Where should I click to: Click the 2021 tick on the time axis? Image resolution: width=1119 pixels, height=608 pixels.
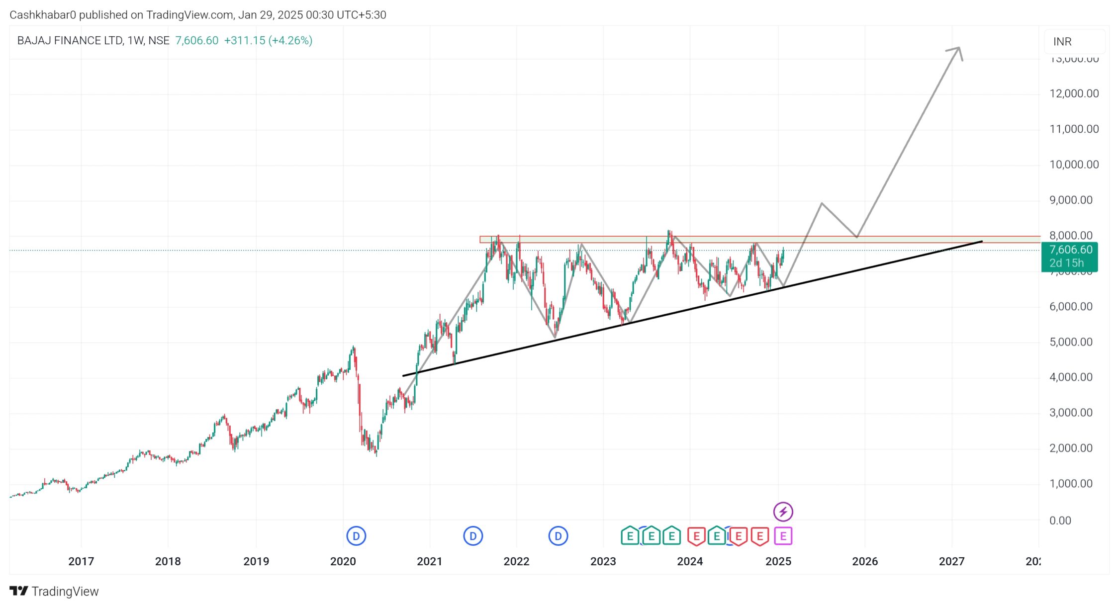coord(429,561)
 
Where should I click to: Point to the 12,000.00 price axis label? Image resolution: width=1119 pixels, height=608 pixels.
coord(1074,93)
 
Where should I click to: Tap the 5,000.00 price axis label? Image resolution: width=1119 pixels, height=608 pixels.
coord(1071,342)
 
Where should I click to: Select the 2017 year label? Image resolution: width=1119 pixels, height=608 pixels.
coord(81,561)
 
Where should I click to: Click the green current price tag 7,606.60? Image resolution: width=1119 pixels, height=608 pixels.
coord(1071,250)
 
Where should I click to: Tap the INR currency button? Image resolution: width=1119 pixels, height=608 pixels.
coord(1062,42)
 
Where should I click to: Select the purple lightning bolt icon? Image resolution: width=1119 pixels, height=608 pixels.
coord(783,511)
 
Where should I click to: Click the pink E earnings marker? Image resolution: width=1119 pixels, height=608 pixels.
coord(783,536)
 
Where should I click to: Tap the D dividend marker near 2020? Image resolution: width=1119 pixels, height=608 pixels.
coord(356,536)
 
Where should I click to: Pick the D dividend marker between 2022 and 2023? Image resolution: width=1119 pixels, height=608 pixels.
coord(558,536)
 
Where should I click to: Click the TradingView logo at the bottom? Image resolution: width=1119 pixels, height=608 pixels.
coord(54,591)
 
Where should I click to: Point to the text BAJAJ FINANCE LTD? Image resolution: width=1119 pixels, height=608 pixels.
coord(70,41)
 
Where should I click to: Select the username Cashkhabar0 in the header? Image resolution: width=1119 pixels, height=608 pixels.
coord(43,15)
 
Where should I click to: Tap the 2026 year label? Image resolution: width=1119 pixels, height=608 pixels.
coord(865,561)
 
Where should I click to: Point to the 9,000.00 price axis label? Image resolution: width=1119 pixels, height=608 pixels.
coord(1071,200)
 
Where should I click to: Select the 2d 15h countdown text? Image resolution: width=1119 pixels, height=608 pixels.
coord(1066,263)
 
